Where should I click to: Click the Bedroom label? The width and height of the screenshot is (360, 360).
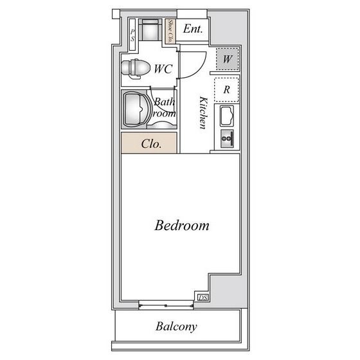[x=182, y=226]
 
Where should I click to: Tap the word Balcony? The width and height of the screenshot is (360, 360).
[x=176, y=327]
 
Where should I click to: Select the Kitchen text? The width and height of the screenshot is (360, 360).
[x=203, y=113]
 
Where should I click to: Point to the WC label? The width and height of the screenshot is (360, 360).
[x=163, y=69]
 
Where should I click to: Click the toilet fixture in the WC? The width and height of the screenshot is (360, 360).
[x=136, y=68]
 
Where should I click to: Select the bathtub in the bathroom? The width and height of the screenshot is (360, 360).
[x=136, y=109]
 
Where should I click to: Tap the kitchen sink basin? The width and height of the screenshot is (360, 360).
[x=227, y=116]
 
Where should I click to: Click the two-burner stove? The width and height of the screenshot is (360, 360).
[x=227, y=139]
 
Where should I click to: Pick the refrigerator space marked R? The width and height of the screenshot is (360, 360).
[x=226, y=89]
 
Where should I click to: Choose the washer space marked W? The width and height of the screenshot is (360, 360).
[x=228, y=59]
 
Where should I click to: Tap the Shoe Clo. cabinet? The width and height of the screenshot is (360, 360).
[x=170, y=32]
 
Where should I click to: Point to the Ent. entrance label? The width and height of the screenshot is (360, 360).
[x=193, y=29]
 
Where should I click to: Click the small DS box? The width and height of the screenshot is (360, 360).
[x=203, y=298]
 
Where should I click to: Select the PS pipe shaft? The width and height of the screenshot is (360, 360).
[x=132, y=35]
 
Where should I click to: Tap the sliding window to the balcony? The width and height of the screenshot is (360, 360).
[x=166, y=305]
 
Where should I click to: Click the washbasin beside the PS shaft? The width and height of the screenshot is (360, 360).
[x=150, y=29]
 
